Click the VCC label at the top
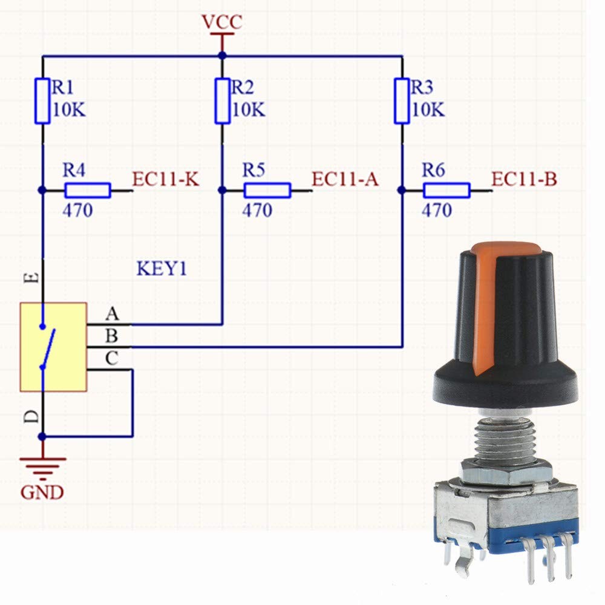222,22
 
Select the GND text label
42,492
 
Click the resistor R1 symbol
42,100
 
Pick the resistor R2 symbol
222,100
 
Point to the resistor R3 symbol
402,100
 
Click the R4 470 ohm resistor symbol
88,191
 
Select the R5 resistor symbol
267,191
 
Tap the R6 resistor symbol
446,191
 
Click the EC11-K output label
166,180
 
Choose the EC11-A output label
345,180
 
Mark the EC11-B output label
525,180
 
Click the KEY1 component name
161,268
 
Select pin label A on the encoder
112,314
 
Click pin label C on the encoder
112,358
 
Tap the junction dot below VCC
222,56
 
